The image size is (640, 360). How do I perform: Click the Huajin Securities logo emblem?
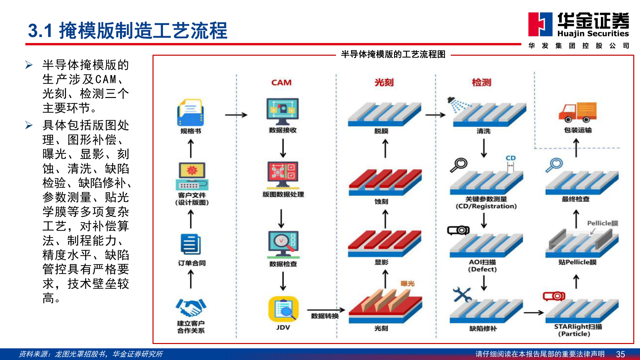[540, 24]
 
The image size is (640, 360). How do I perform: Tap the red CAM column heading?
[281, 82]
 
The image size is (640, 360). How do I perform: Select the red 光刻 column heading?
[384, 82]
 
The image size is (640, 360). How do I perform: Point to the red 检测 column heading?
[482, 82]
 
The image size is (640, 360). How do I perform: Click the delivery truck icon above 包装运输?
[578, 112]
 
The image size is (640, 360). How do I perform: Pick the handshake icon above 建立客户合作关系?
[191, 307]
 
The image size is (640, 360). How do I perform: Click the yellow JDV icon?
[283, 309]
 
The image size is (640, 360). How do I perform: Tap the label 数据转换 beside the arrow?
[325, 316]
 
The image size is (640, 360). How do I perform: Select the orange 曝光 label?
[407, 284]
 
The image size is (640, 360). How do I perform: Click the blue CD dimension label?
[511, 158]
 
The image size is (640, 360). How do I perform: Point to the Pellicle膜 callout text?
[602, 223]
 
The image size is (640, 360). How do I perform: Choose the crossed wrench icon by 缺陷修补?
[462, 295]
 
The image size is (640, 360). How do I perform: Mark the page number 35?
[620, 354]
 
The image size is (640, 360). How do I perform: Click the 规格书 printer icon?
[191, 113]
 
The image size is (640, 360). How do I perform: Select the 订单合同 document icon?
[191, 244]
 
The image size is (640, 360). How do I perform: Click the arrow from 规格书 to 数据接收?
[236, 115]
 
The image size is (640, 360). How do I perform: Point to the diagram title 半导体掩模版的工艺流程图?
[393, 54]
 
